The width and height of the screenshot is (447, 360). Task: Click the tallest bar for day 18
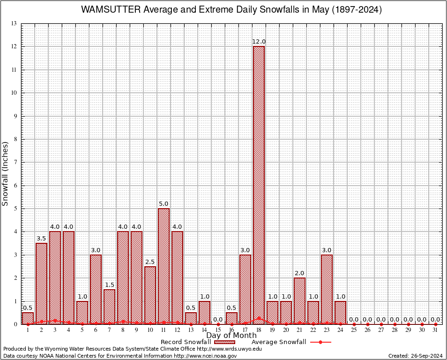click(259, 185)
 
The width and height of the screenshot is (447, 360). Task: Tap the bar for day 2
click(41, 284)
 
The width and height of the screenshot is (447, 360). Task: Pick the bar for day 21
click(299, 301)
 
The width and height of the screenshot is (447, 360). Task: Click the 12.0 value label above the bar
click(259, 42)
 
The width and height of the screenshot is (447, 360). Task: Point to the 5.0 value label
click(164, 204)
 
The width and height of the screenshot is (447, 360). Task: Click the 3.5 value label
click(41, 239)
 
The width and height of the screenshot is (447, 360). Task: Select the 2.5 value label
click(150, 262)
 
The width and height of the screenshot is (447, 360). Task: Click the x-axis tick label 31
click(435, 330)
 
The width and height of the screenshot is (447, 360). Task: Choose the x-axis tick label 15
click(218, 330)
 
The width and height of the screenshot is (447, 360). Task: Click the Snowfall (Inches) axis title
click(5, 173)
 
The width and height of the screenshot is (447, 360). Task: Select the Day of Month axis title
click(231, 335)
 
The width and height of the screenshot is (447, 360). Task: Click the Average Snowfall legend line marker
click(320, 342)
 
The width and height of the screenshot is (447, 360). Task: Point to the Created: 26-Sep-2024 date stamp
click(415, 356)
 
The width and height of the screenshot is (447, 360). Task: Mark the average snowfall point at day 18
click(259, 318)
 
